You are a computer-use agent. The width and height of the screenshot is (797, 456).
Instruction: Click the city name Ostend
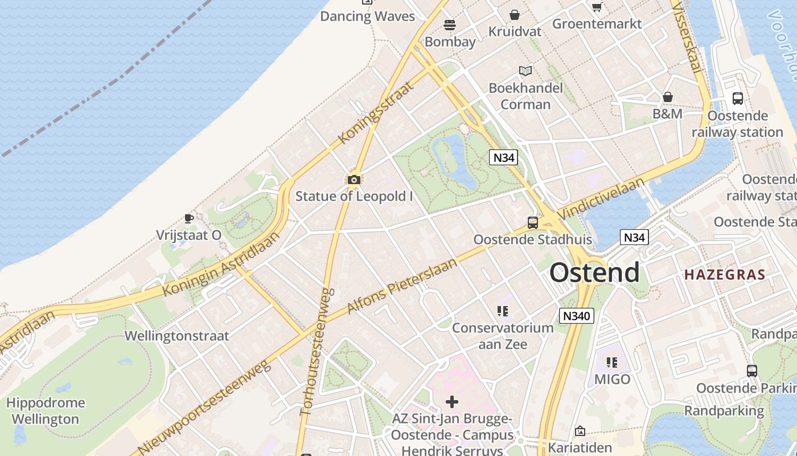pos(594,272)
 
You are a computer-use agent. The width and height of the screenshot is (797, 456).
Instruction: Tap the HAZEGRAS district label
pos(725,275)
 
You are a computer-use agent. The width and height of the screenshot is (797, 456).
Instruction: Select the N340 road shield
pos(577,316)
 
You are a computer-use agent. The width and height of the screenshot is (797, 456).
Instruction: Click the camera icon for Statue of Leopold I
pos(354,180)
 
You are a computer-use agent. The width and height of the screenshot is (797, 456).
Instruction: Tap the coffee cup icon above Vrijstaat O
pos(189,218)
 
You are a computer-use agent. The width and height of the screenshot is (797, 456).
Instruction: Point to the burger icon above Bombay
pos(450,25)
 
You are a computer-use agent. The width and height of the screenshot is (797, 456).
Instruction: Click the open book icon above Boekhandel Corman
pos(525,71)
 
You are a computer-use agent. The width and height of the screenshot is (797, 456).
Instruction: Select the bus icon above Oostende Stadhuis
pos(533,223)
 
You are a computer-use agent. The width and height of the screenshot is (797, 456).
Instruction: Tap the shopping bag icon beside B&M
pos(668,97)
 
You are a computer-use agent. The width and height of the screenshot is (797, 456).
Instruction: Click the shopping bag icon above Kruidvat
pos(515,15)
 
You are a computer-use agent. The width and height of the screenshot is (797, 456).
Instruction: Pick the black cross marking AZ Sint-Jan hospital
pos(452,402)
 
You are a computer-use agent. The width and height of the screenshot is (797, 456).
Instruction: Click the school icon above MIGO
pos(612,363)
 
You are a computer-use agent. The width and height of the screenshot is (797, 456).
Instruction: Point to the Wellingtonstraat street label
pos(176,336)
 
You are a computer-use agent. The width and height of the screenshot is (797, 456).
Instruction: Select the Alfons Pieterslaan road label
pos(402,286)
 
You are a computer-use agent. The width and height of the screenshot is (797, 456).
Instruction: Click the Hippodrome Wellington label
pos(46,411)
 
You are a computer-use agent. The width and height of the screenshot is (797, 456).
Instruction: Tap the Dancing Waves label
pos(367,16)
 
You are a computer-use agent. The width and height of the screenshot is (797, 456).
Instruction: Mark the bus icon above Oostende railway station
pos(738,99)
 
